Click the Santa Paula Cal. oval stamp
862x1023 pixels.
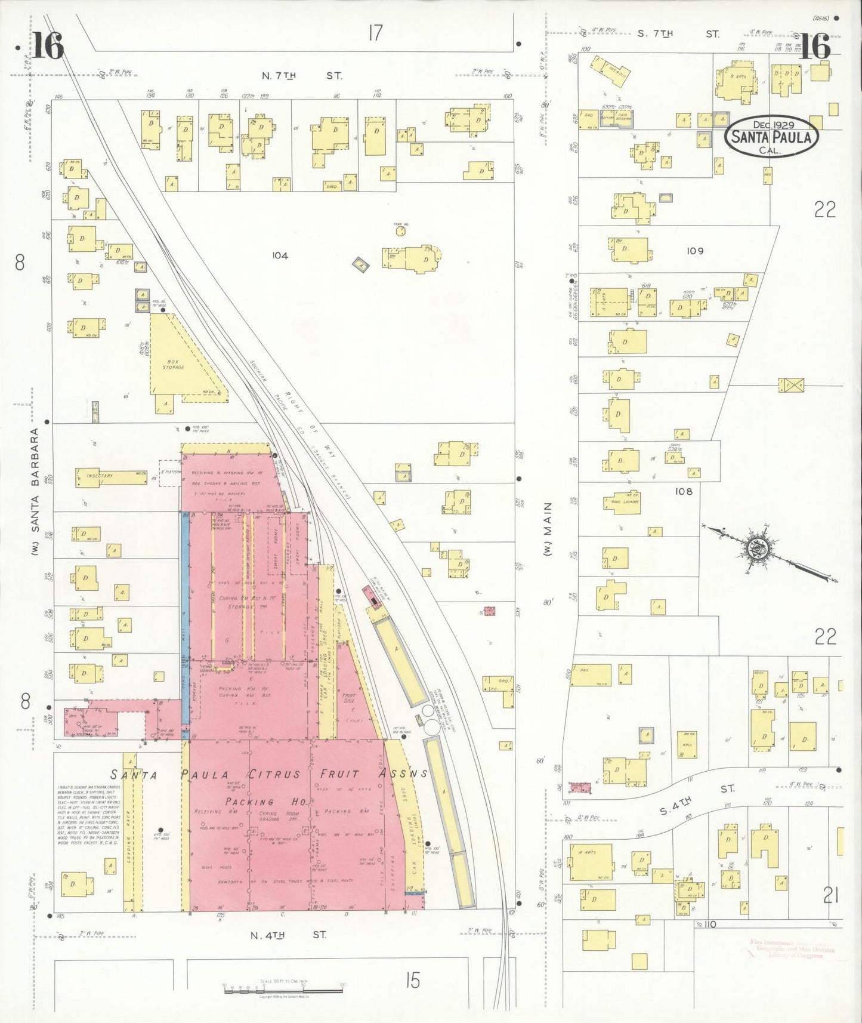tap(771, 136)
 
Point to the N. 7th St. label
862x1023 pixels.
tap(302, 76)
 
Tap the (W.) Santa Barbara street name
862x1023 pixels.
tap(35, 492)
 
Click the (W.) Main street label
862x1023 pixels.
tap(547, 529)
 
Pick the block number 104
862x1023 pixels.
tap(280, 255)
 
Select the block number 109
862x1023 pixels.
tap(695, 251)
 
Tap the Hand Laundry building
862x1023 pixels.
tap(625, 501)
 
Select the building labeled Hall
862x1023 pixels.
tap(687, 744)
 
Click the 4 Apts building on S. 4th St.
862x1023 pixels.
tap(591, 861)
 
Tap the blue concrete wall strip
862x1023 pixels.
tap(185, 621)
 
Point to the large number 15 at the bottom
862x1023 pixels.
tap(412, 980)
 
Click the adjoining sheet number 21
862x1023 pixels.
tap(832, 895)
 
